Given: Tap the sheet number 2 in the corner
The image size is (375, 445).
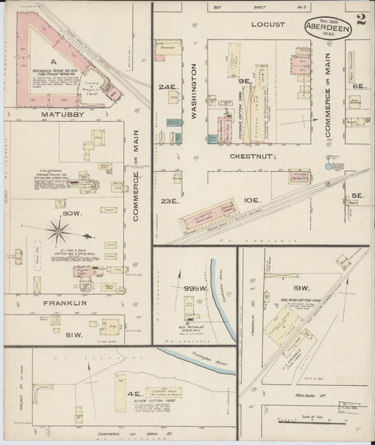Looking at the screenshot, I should [x=361, y=19].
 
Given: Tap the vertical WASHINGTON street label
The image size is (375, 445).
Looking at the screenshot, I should [x=193, y=90].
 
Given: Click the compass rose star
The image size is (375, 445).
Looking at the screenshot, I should [x=58, y=231].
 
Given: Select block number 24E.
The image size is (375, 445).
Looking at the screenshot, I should [x=167, y=87].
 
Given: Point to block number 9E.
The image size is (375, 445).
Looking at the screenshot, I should [x=245, y=82].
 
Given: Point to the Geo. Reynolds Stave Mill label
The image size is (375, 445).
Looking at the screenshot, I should [x=191, y=325].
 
